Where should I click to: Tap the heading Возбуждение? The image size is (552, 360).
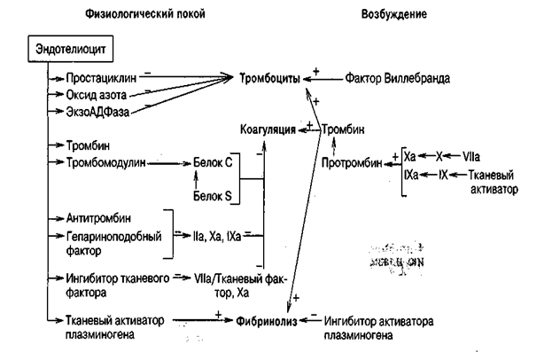pos(395,15)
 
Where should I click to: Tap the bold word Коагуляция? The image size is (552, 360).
pos(268,129)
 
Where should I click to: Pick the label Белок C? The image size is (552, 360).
pos(213,163)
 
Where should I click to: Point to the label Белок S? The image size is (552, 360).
pos(213,205)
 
